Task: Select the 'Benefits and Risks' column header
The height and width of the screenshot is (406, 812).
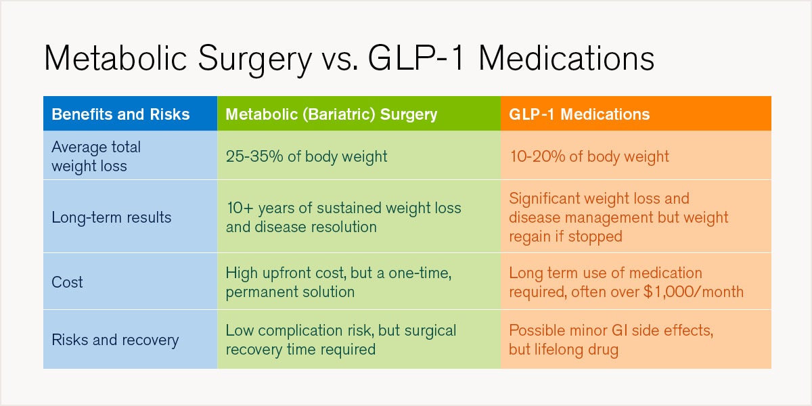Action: pos(120,114)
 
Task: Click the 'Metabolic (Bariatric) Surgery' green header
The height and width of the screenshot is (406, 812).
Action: pos(331,114)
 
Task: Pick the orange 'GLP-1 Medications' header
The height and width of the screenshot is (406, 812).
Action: pos(579,114)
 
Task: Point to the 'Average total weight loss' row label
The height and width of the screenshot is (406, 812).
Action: pos(96,156)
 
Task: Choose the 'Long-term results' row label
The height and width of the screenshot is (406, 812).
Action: pos(112,217)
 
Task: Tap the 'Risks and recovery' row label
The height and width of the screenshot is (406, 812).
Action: pos(115,340)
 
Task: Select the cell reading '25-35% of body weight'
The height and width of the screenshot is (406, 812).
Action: pos(307,156)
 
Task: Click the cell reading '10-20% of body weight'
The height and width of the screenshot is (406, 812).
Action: pos(589,156)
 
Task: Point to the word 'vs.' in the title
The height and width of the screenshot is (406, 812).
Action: pos(338,59)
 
